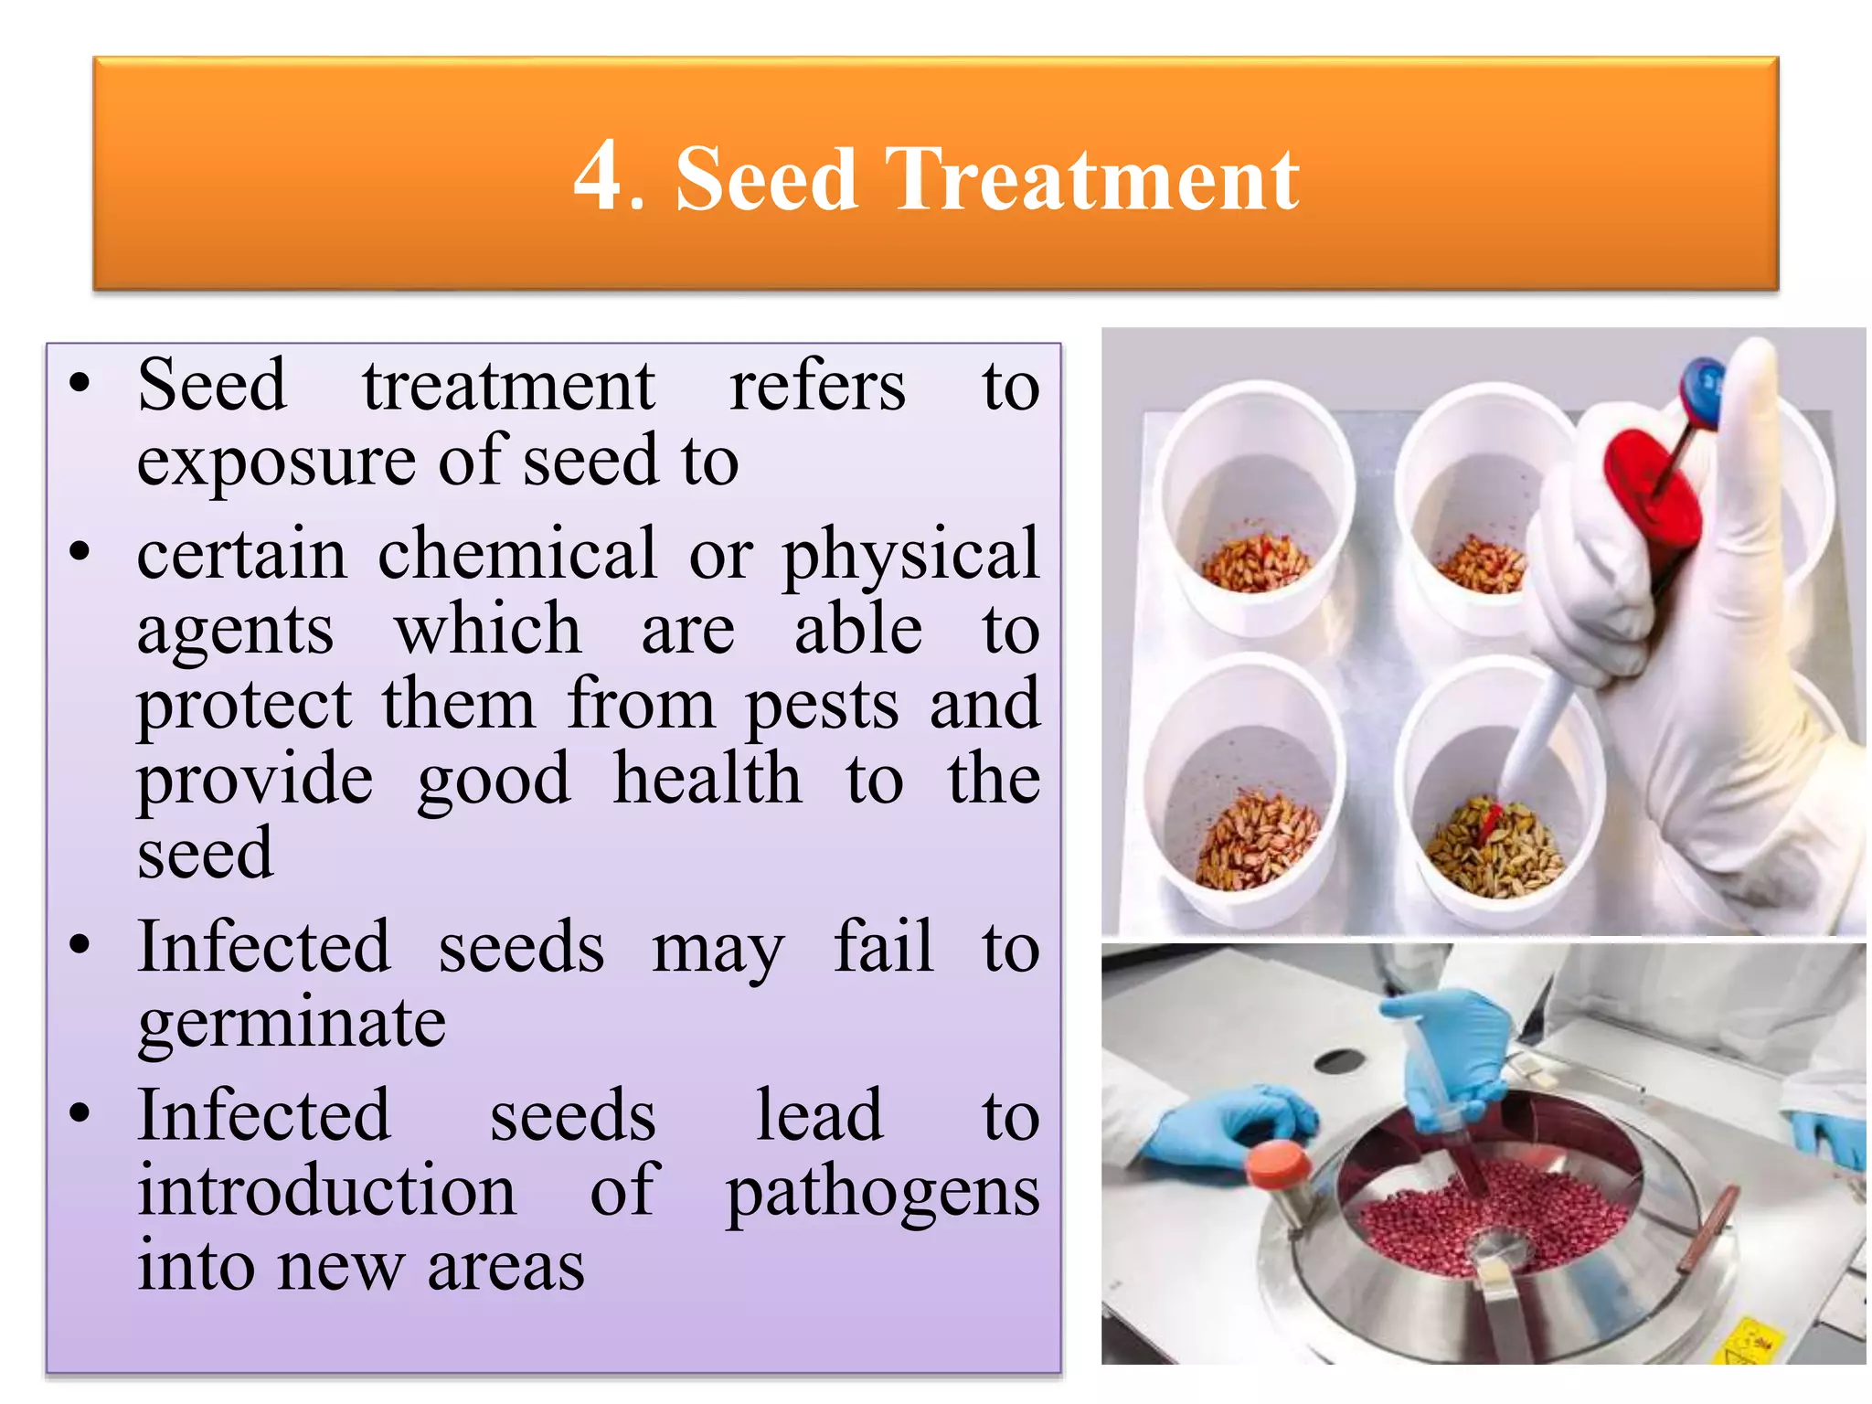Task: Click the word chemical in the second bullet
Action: (x=516, y=554)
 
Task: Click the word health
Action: (x=707, y=779)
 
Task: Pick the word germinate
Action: (x=292, y=1025)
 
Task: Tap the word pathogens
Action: (x=882, y=1195)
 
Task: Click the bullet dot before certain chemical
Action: (x=80, y=551)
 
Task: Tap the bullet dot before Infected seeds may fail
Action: (x=80, y=944)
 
